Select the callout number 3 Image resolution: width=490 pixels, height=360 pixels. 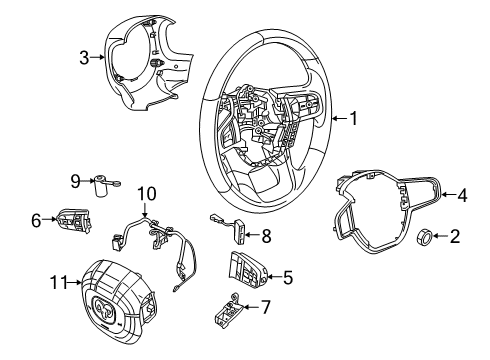click(x=85, y=58)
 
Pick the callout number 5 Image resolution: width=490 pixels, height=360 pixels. click(x=289, y=278)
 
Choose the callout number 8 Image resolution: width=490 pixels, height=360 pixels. click(x=266, y=237)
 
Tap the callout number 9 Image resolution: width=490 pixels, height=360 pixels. click(x=76, y=181)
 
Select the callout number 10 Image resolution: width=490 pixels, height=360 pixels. click(x=147, y=192)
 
